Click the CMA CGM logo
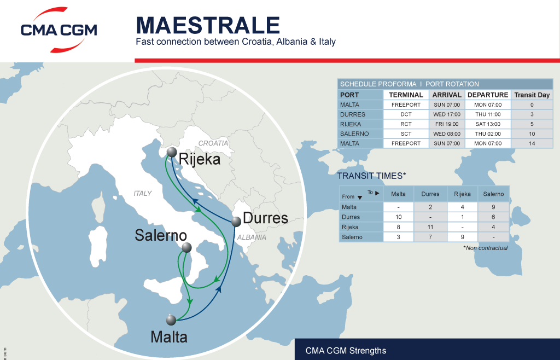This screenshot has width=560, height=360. tap(59, 30)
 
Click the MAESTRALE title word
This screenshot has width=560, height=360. tap(208, 25)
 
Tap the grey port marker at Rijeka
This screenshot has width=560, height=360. tap(172, 152)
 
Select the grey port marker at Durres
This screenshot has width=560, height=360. tap(236, 222)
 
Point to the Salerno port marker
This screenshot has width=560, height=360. tap(186, 247)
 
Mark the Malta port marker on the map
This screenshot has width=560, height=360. tap(172, 320)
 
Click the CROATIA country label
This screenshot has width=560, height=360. tap(213, 143)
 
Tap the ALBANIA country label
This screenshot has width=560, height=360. tap(252, 237)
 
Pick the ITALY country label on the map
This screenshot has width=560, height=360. tap(142, 193)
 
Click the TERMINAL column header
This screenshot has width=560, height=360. tap(406, 95)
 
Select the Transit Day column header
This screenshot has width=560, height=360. tap(532, 95)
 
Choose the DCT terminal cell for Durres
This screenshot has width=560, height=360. tap(406, 114)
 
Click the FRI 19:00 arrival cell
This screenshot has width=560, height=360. tap(447, 124)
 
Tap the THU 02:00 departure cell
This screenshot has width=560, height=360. tap(488, 133)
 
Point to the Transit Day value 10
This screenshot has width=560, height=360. tap(532, 133)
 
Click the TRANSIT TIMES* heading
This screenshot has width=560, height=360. tap(371, 176)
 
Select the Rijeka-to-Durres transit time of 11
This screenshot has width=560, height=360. tap(430, 227)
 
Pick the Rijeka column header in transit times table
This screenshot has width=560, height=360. tap(462, 194)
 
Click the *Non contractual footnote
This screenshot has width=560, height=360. tap(485, 248)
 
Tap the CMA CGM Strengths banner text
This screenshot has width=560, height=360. tap(346, 351)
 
